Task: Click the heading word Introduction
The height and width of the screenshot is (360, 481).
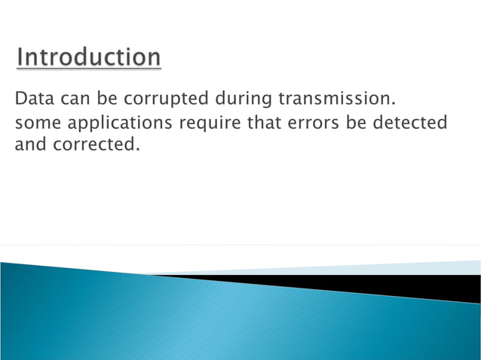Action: [89, 58]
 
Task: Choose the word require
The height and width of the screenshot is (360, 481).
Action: [211, 123]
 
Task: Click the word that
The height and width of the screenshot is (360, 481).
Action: [261, 122]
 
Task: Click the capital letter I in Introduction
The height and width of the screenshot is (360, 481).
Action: [22, 58]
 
